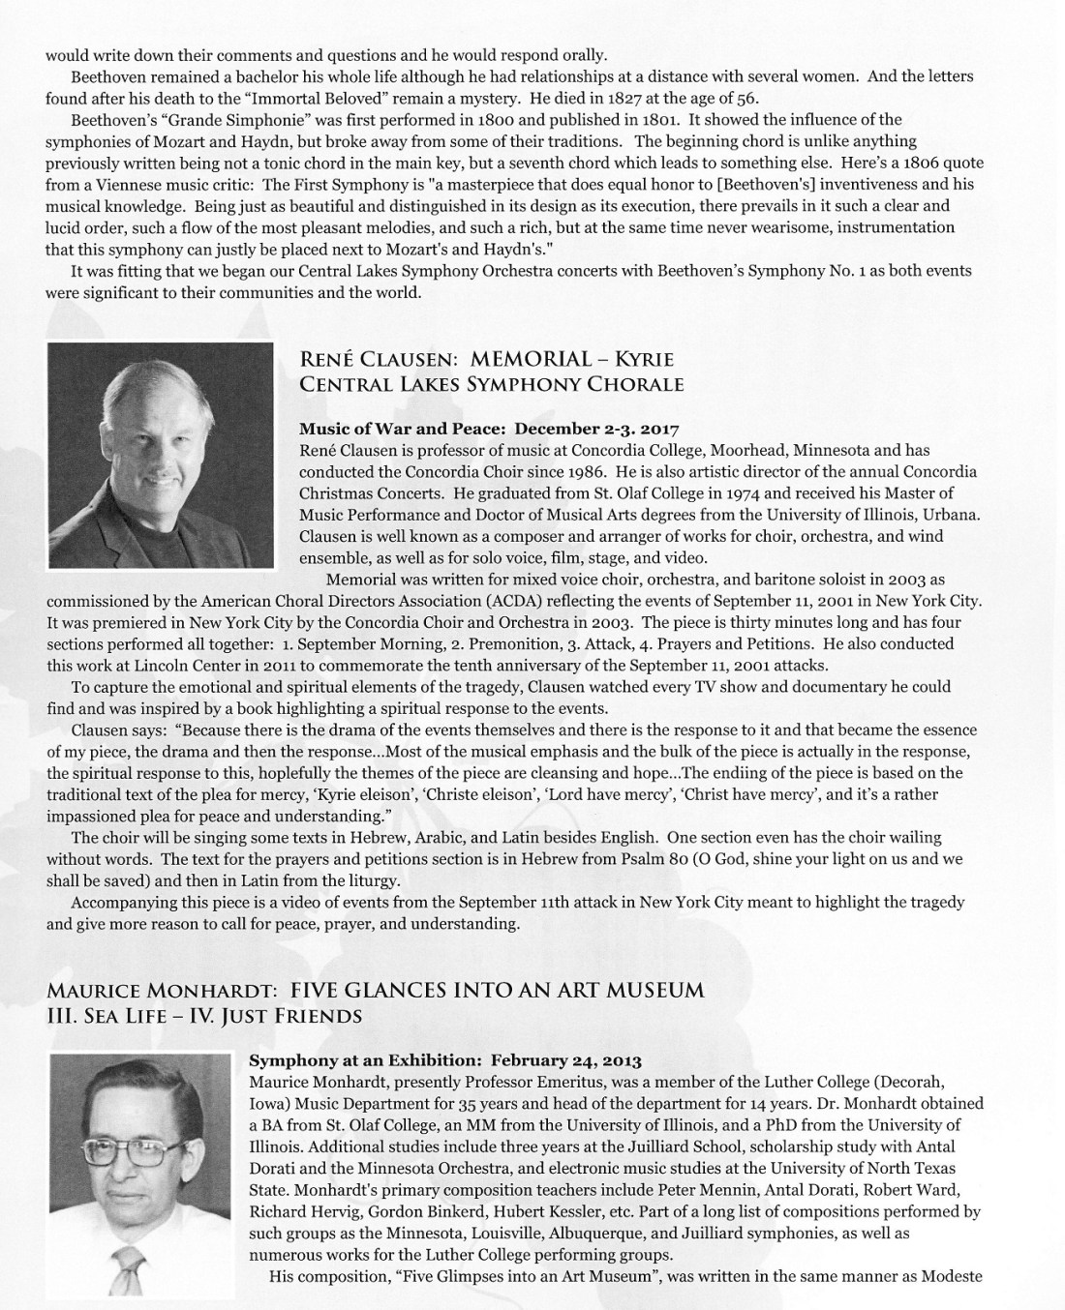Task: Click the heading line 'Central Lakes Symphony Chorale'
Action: point(492,384)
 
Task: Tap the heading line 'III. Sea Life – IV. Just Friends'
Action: point(204,1016)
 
